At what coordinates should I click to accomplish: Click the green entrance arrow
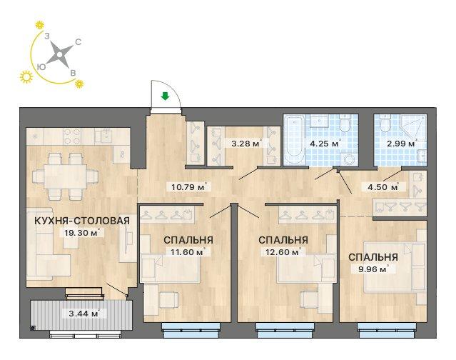[x=165, y=96]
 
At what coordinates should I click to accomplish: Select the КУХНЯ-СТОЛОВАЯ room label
[x=82, y=221]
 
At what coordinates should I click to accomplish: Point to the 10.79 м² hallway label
[x=189, y=186]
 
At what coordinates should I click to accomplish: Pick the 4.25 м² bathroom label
[x=325, y=144]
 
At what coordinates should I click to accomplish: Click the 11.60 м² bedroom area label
[x=188, y=251]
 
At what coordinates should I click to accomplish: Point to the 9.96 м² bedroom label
[x=373, y=269]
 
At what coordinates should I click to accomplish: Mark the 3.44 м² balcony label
[x=83, y=314]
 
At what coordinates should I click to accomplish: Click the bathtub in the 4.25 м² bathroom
[x=295, y=140]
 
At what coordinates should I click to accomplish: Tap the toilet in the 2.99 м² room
[x=385, y=124]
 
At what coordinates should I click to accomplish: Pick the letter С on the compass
[x=78, y=42]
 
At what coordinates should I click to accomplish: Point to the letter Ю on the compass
[x=41, y=67]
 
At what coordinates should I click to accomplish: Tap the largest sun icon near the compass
[x=26, y=77]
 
